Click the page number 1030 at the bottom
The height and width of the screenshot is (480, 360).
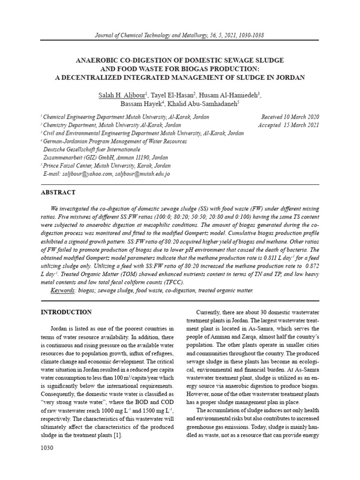tap(47, 448)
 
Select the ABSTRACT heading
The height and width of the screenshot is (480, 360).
tap(58, 192)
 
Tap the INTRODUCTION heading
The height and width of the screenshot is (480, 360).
tap(66, 312)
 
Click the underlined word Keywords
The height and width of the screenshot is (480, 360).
tap(63, 291)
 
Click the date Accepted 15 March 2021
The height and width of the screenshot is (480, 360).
tap(288, 126)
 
